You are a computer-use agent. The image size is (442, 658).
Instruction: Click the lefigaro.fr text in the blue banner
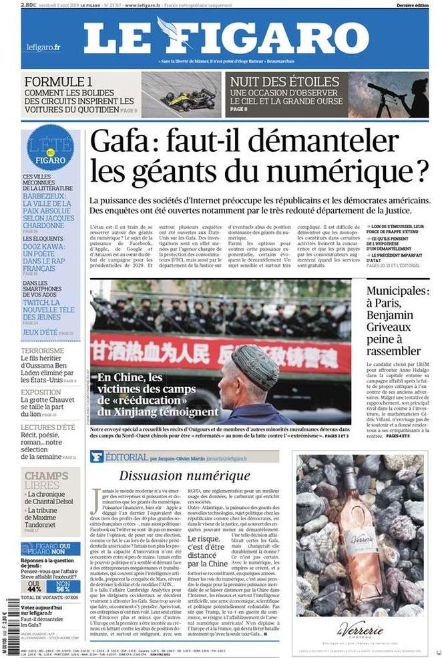pyautogui.click(x=43, y=47)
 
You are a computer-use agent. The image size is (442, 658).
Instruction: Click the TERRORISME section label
pyautogui.click(x=43, y=350)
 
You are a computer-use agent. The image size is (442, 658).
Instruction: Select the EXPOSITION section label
pyautogui.click(x=41, y=393)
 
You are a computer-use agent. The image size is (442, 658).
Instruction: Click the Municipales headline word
pyautogui.click(x=397, y=292)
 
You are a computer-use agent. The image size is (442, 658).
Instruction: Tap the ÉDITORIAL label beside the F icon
pyautogui.click(x=126, y=457)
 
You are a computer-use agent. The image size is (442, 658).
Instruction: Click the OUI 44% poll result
pyautogui.click(x=34, y=587)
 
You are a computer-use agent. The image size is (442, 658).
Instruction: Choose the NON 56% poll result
pyautogui.click(x=63, y=587)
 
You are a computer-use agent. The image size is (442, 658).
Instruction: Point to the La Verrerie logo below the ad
pyautogui.click(x=360, y=629)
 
